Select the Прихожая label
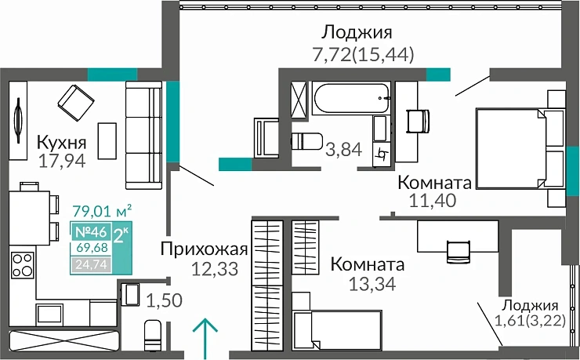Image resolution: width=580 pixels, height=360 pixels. click(204, 250)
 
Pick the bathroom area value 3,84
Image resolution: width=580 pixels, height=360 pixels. click(343, 148)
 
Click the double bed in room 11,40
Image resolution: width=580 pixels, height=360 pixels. click(518, 148)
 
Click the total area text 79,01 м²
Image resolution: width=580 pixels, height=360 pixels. click(101, 210)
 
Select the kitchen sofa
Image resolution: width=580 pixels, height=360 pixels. click(144, 133)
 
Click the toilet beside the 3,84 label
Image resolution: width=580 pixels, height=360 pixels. click(307, 142)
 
